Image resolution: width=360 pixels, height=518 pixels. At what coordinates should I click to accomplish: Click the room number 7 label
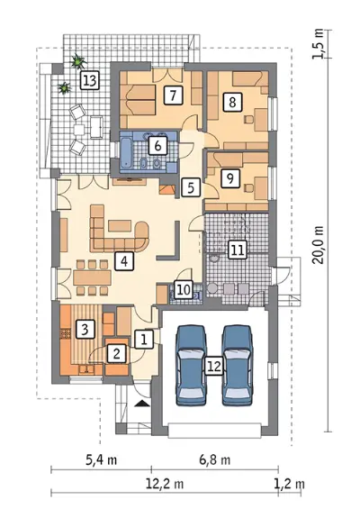pos(173,95)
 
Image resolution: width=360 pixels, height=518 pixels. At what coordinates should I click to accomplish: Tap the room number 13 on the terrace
pos(90,80)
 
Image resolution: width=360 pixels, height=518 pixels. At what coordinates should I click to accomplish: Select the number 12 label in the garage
pos(214,367)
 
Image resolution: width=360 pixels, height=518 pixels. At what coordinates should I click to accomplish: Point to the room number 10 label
pos(184,290)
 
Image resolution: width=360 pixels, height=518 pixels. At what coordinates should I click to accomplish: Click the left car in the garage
pos(191,366)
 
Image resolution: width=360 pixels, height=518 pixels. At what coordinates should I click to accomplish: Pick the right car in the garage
pos(238,366)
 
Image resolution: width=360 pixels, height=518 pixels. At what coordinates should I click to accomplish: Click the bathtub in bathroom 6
pos(126,152)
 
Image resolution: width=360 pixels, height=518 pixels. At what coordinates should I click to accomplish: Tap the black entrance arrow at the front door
pos(142,403)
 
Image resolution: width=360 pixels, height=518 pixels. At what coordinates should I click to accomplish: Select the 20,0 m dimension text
pos(318,245)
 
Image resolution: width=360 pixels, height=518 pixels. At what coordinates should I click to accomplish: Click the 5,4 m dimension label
pos(102,459)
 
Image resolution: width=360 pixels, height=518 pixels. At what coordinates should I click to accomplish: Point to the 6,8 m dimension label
pos(215,459)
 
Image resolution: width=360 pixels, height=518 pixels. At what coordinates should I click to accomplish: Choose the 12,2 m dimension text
pos(165,484)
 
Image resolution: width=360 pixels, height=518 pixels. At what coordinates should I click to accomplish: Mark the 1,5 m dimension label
pos(318,44)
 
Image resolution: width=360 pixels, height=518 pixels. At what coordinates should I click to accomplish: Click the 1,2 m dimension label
pos(290,484)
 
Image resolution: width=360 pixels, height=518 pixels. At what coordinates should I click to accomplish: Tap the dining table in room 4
pos(92,277)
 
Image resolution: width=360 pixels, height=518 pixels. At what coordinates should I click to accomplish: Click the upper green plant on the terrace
pos(78,61)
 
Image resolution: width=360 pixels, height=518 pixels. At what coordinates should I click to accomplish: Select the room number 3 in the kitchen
pos(85,329)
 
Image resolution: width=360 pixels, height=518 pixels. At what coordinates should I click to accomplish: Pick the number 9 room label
pos(230,178)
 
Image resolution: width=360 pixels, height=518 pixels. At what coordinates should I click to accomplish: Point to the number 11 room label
pos(238,250)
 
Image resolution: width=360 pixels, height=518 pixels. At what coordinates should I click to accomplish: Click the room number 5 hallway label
pos(191,187)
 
